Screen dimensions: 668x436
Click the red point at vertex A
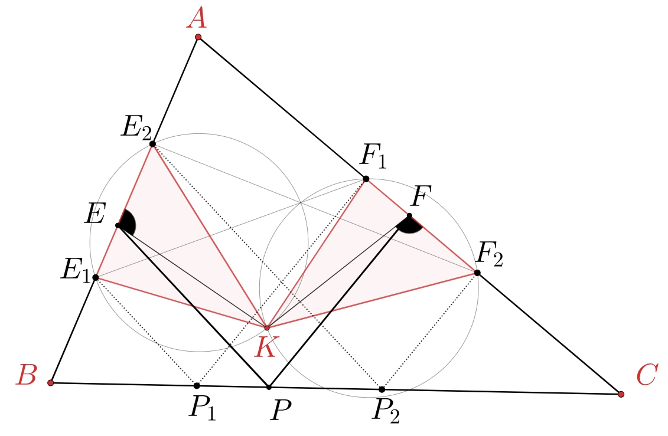198,37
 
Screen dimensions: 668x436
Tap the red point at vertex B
51,383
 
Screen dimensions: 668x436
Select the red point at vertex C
621,394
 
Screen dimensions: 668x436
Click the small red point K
267,328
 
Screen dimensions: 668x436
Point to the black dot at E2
152,144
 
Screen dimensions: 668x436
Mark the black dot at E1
96,277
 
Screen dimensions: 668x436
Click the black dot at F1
366,179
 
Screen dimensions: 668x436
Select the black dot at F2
477,273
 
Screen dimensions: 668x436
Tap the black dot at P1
197,386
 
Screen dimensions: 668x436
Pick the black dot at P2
382,389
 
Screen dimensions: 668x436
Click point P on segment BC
269,387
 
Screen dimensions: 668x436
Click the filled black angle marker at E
127,222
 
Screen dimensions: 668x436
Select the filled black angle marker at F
409,225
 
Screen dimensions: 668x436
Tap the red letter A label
197,19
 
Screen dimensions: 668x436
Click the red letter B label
26,375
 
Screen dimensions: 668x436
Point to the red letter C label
647,376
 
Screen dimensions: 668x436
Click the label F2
490,254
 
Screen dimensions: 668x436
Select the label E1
76,271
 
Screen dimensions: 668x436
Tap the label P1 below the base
203,408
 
